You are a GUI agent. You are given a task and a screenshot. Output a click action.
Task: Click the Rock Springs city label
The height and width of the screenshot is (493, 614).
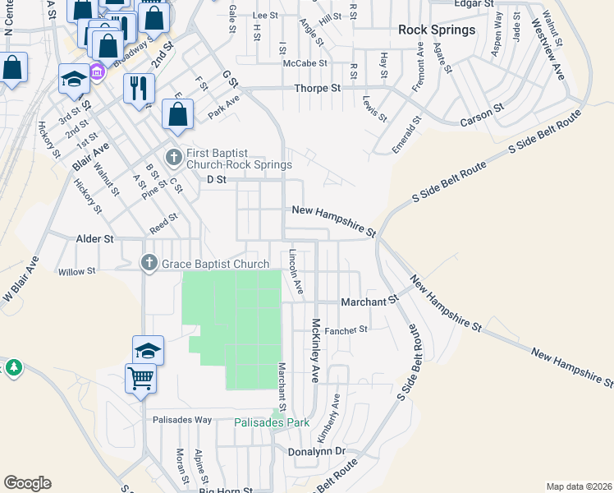click(436, 30)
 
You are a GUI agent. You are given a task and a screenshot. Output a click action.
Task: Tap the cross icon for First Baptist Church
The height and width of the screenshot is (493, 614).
click(173, 157)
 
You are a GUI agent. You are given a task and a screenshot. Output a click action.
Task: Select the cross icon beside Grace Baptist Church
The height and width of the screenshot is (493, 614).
click(149, 264)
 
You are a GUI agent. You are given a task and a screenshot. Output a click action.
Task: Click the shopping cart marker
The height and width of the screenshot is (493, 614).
click(140, 379)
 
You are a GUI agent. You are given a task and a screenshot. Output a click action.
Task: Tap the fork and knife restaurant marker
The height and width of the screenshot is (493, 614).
click(139, 87)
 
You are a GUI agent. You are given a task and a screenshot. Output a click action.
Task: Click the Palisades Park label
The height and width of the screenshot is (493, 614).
click(272, 422)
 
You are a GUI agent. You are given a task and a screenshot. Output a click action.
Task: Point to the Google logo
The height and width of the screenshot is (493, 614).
click(27, 483)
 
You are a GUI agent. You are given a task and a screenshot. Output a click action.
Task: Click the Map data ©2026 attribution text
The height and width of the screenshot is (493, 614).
click(579, 486)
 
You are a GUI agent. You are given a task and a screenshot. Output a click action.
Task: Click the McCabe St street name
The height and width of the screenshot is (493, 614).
click(305, 62)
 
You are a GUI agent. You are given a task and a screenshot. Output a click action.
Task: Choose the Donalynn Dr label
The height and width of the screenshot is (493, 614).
click(317, 452)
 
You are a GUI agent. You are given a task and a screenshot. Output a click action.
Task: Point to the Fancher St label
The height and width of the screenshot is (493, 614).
click(346, 330)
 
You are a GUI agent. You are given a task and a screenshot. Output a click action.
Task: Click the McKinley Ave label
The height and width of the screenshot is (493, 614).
click(314, 351)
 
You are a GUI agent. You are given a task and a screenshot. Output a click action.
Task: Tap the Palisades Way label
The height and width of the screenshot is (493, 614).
click(182, 419)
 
